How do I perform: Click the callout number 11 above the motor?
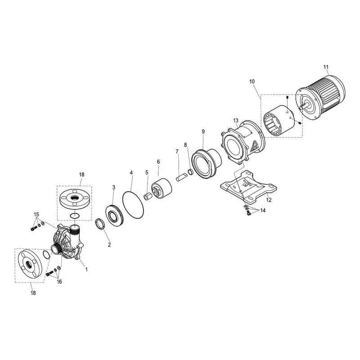tap(326, 67)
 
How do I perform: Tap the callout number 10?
tap(252, 81)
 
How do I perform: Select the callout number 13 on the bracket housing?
tap(235, 121)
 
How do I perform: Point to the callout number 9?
tap(203, 131)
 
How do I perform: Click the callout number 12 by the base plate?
tap(269, 200)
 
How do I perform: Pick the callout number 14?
tap(263, 210)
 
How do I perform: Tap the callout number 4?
tap(131, 172)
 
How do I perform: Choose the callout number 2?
tap(109, 245)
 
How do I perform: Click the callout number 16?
tap(59, 282)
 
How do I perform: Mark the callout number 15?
tap(36, 215)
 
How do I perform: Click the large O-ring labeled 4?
tap(133, 205)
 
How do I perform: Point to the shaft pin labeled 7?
tap(181, 178)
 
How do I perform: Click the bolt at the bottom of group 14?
tap(248, 213)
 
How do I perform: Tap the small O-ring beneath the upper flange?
tap(75, 216)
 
